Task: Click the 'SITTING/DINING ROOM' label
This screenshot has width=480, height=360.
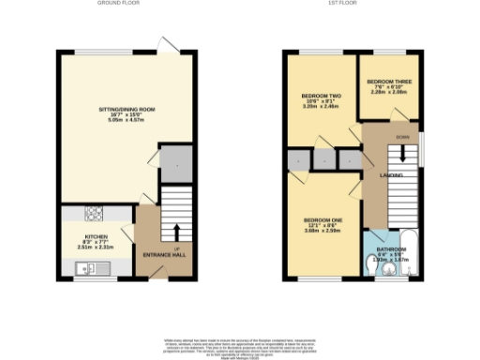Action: tap(127, 110)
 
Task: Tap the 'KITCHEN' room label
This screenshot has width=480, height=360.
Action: tap(97, 236)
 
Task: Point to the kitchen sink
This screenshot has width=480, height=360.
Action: tap(90, 270)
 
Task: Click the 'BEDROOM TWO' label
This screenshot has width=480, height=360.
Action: tap(318, 97)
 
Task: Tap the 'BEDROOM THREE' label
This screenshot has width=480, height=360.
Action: tap(388, 82)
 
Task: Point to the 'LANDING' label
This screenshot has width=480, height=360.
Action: tap(392, 174)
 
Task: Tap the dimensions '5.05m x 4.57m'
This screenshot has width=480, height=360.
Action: tap(127, 121)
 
